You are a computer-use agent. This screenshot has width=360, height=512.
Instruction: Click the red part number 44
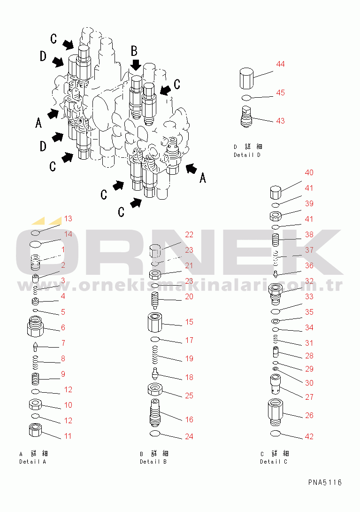point(280,64)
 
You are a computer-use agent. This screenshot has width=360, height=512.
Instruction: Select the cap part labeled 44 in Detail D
point(247,78)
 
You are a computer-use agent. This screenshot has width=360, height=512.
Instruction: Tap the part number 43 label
point(280,121)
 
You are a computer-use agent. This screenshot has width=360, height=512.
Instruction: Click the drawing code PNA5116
point(325,482)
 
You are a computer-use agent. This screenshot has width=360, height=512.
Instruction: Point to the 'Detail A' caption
point(33,462)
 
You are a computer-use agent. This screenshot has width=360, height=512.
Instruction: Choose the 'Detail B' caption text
point(153,462)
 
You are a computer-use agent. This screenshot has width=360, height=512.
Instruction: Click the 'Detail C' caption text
point(274,462)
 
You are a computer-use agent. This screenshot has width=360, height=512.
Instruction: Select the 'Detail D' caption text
point(247,155)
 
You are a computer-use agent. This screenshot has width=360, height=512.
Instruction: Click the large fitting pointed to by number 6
point(35,326)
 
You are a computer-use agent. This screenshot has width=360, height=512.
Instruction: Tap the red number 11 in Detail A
point(68,436)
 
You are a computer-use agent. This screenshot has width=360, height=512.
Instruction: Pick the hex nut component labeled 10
point(35,405)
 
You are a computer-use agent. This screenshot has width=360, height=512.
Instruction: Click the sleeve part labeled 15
point(155,322)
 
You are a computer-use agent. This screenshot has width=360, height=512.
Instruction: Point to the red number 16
point(189,419)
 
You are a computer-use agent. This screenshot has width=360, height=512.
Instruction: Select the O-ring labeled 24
point(155,434)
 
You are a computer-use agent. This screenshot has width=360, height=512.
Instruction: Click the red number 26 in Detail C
point(309,415)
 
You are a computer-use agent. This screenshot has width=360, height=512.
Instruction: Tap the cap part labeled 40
point(276,192)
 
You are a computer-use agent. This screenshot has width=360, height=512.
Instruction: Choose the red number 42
point(309,436)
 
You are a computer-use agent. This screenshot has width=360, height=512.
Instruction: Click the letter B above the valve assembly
point(134,51)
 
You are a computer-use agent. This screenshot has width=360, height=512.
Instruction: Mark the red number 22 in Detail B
point(189,234)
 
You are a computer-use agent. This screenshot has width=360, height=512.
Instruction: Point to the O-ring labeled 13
point(35,233)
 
